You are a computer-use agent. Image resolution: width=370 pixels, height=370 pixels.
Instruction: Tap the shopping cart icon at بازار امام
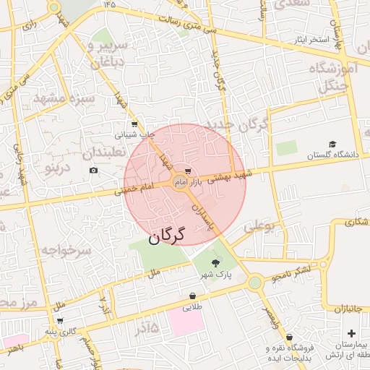(189, 171)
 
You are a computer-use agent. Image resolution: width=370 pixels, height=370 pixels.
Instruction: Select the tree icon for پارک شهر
(215, 264)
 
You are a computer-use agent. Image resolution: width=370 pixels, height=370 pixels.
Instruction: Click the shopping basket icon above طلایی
(192, 296)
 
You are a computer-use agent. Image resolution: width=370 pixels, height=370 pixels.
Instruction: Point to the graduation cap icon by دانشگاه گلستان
(332, 144)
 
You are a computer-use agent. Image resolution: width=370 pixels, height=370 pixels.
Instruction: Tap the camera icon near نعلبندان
(93, 171)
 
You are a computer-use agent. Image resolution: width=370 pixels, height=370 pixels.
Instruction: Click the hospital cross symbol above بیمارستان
(351, 333)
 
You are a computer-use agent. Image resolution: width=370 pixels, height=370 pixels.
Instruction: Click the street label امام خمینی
(134, 189)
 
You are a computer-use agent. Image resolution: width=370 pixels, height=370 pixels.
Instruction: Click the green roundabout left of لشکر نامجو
(254, 283)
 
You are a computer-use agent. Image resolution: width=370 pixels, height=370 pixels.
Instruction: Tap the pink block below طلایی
(187, 321)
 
